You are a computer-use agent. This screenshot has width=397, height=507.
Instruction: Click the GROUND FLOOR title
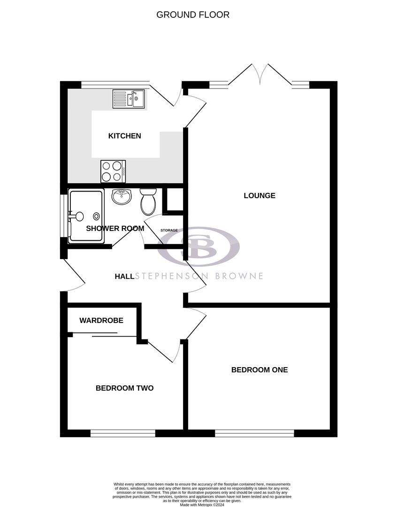tap(193, 15)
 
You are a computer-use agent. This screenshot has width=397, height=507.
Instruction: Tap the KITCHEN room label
tap(124, 136)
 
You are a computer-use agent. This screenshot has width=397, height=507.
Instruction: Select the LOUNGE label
tap(259, 195)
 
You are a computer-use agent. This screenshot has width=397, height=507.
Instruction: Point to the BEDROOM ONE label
tap(259, 370)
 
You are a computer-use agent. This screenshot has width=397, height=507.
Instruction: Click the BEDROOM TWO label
tap(124, 388)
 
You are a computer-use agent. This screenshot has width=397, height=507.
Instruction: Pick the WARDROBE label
tap(101, 321)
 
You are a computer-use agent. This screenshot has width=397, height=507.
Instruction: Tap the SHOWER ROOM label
tap(115, 229)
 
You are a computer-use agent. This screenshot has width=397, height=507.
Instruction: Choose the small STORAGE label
tap(169, 230)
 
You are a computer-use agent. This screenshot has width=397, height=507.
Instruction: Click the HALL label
tap(125, 277)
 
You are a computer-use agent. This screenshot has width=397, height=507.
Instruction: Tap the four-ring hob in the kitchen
tap(113, 171)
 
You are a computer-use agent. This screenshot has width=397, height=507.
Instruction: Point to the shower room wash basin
tap(121, 197)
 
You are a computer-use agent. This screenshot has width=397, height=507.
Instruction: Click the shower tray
tap(86, 216)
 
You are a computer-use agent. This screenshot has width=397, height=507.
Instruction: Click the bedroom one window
tap(254, 433)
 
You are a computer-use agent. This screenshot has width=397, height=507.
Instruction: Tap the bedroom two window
tap(122, 433)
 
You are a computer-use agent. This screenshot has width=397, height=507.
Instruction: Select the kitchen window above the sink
tap(115, 84)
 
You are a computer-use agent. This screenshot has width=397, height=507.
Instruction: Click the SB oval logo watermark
tap(198, 246)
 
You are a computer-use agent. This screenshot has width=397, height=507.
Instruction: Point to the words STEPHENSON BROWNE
tap(199, 276)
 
